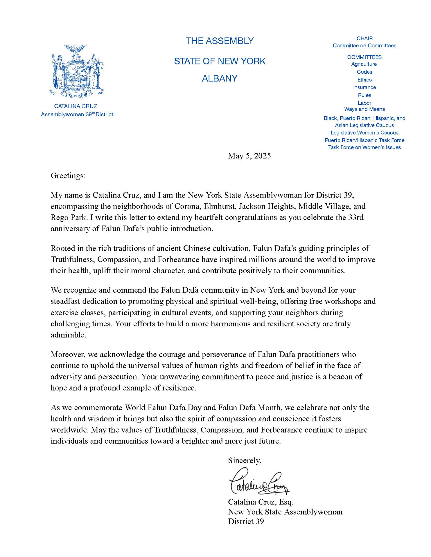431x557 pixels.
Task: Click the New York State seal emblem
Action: [x=77, y=71]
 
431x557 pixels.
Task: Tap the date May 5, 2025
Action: [x=249, y=156]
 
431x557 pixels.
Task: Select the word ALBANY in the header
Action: [x=220, y=78]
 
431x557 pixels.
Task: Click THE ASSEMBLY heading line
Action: [x=220, y=41]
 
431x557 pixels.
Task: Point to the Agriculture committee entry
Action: [x=364, y=64]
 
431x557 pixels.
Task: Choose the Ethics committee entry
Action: [x=364, y=80]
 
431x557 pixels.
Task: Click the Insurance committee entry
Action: [x=364, y=87]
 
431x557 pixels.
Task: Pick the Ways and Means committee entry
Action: [x=364, y=109]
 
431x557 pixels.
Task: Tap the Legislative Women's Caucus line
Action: [x=364, y=133]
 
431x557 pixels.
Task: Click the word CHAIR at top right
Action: [x=364, y=38]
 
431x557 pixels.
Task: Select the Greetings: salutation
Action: [x=68, y=176]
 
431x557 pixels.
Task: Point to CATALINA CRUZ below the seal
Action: [x=76, y=106]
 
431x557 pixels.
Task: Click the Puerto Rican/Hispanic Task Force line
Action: [x=364, y=140]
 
